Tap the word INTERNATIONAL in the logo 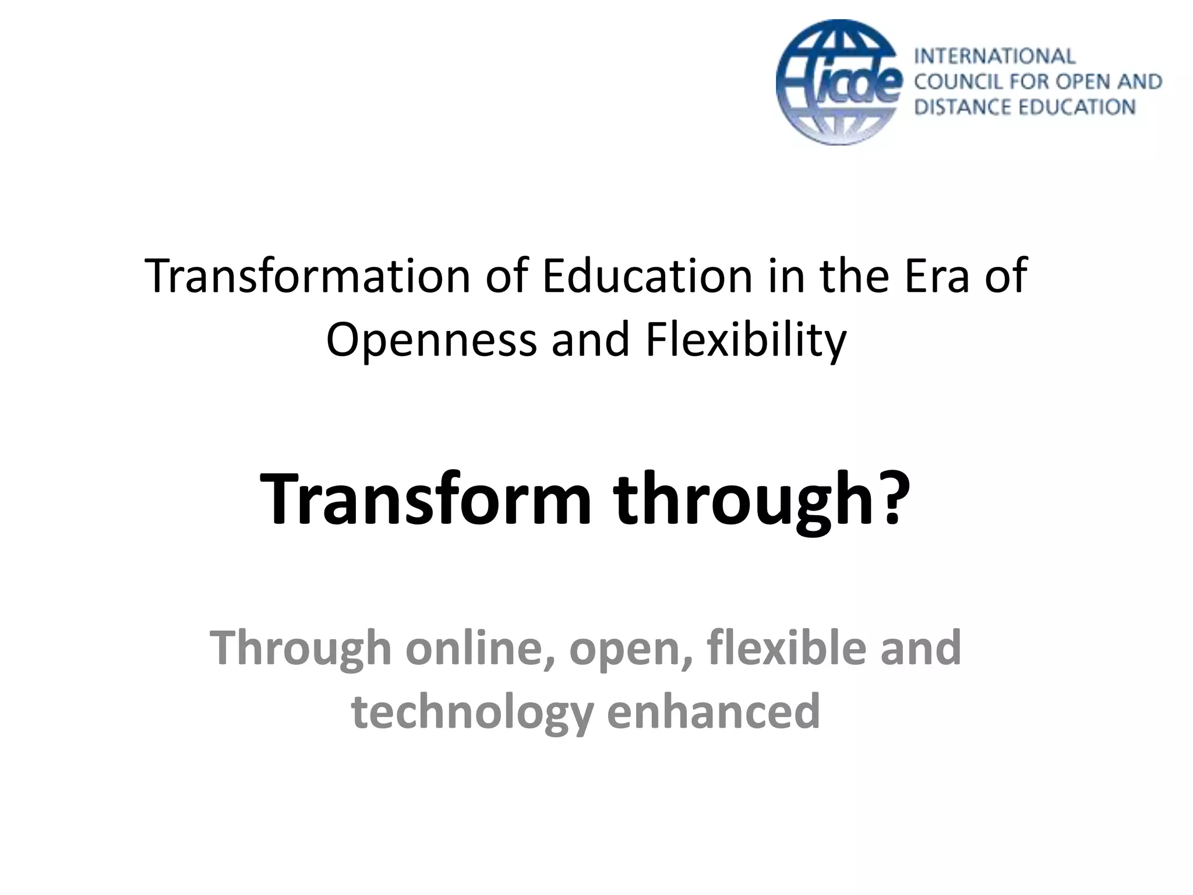tap(994, 56)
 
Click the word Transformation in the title tap(308, 276)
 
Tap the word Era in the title tap(936, 276)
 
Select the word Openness tap(431, 340)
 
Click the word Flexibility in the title tap(746, 340)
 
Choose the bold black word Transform tap(425, 500)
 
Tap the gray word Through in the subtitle tap(300, 648)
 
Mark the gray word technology tap(472, 712)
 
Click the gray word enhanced tap(714, 712)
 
